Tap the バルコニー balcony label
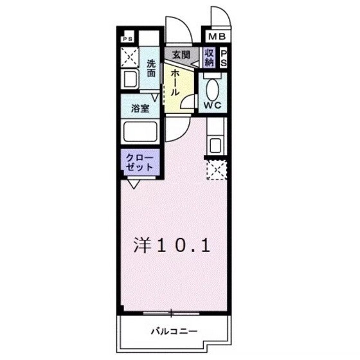[173, 331]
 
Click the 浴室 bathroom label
[140, 109]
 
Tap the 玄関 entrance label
[181, 55]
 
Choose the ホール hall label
[175, 82]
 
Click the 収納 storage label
[210, 57]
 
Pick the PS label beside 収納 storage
[224, 59]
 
